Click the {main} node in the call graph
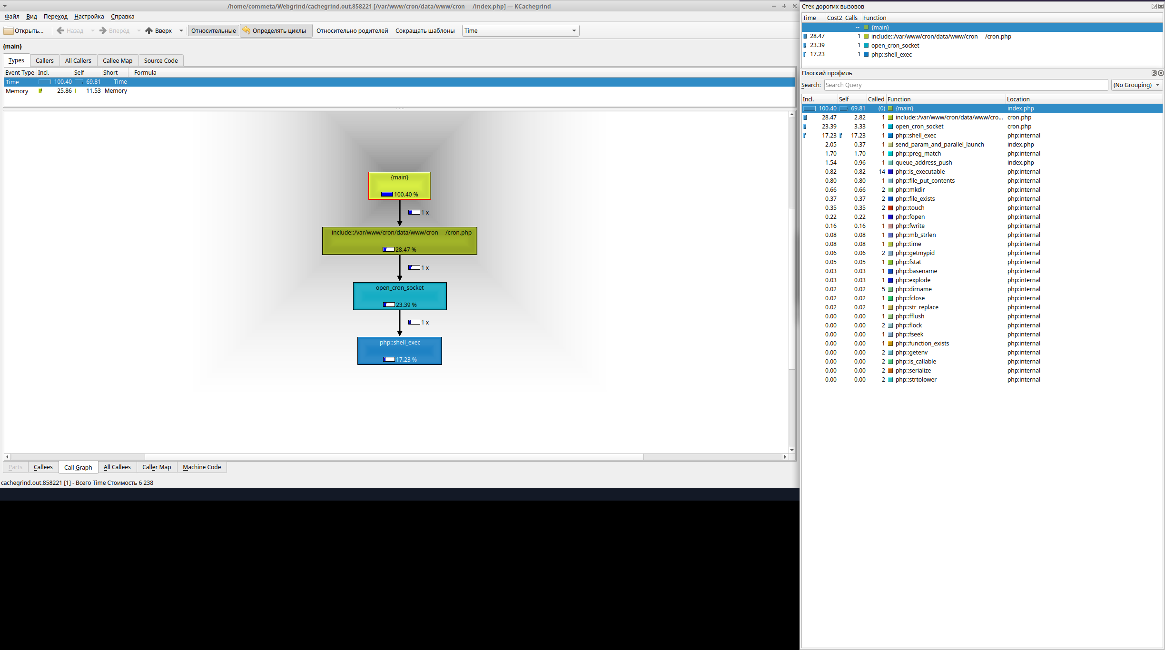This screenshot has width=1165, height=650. click(399, 186)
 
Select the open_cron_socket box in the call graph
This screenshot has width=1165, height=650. click(399, 296)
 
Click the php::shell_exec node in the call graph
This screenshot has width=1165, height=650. click(399, 351)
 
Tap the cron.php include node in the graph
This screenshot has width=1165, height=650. click(399, 241)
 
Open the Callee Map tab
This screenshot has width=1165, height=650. click(118, 61)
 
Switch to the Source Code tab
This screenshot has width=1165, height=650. click(161, 61)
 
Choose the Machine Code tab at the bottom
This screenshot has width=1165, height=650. click(202, 467)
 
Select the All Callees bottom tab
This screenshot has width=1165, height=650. click(117, 467)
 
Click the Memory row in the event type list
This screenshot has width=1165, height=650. click(17, 91)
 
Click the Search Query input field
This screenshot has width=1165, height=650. click(966, 85)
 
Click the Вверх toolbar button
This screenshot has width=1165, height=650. click(159, 31)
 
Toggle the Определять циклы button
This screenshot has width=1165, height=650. click(276, 31)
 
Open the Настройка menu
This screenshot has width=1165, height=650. click(89, 17)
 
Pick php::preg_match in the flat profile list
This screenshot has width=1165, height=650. click(918, 154)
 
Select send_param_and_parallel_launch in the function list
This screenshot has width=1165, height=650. click(939, 145)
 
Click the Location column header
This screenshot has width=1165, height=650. click(1018, 99)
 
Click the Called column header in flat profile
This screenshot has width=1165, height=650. click(876, 99)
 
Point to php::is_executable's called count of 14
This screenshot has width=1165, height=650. click(882, 172)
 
